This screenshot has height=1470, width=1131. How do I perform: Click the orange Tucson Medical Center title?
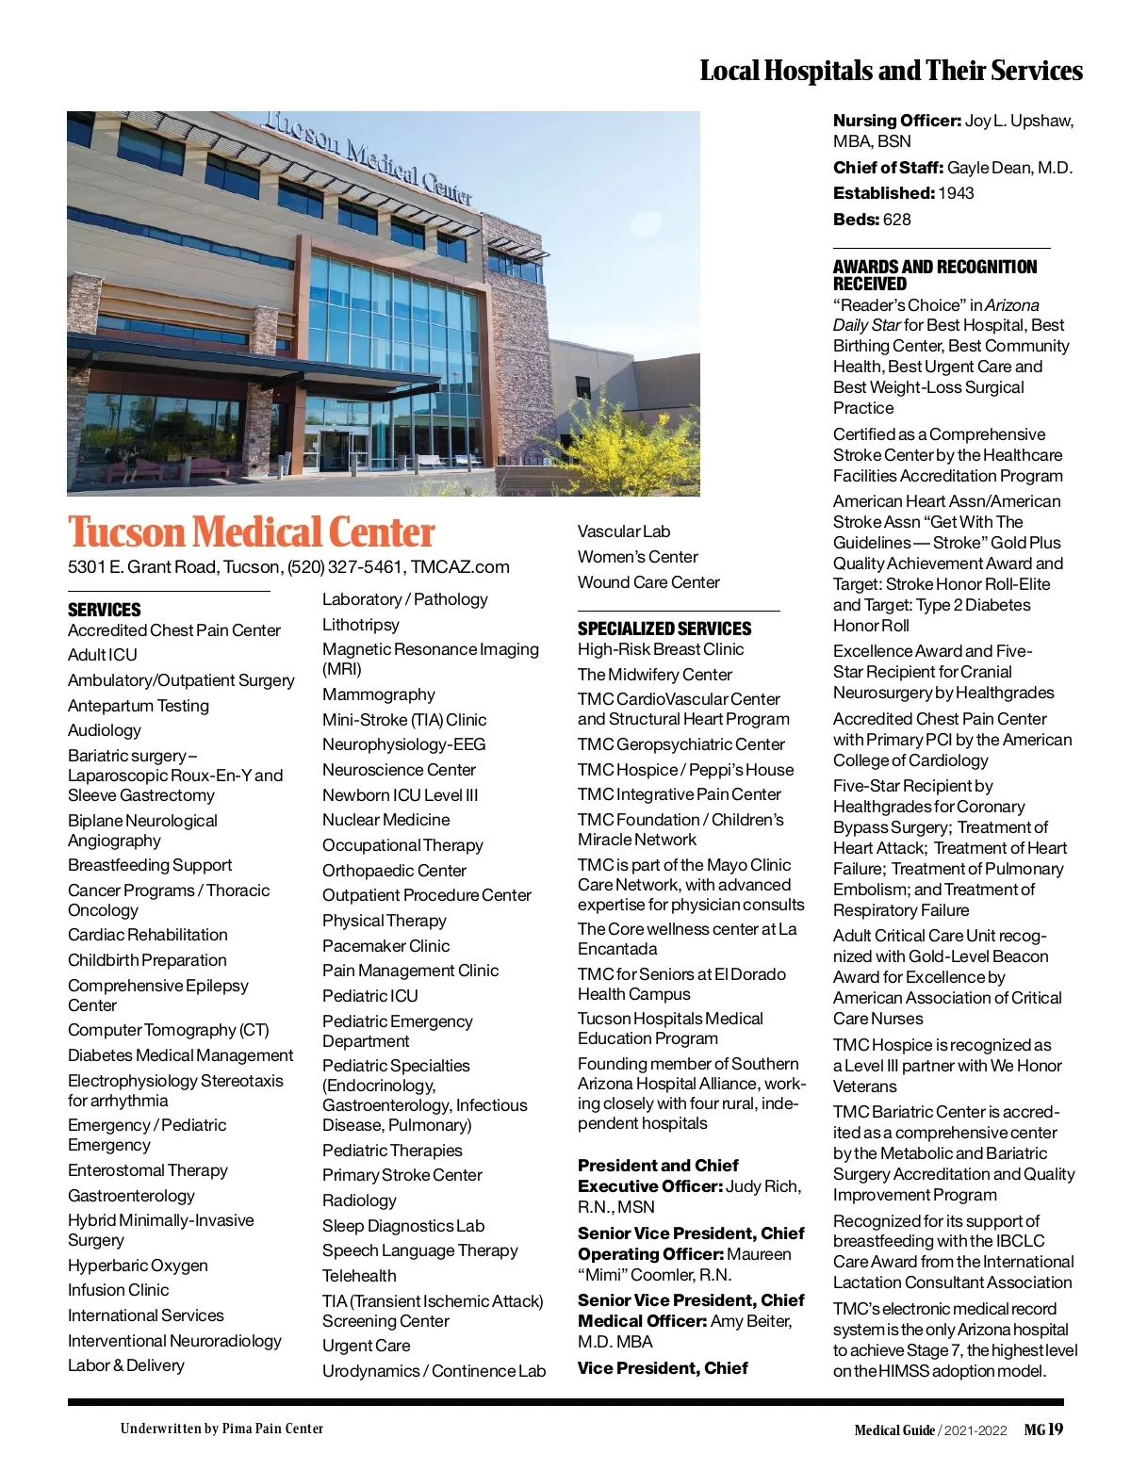pyautogui.click(x=251, y=532)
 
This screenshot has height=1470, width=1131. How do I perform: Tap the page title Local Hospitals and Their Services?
pyautogui.click(x=891, y=71)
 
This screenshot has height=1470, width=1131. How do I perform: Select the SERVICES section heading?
pyautogui.click(x=105, y=610)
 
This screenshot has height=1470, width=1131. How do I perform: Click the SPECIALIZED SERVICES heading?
pyautogui.click(x=664, y=629)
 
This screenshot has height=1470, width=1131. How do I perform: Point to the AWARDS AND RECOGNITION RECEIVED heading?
pyautogui.click(x=934, y=275)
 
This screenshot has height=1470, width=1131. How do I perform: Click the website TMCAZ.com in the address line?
pyautogui.click(x=460, y=567)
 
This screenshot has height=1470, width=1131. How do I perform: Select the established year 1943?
pyautogui.click(x=957, y=193)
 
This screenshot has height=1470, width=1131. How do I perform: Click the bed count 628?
pyautogui.click(x=897, y=220)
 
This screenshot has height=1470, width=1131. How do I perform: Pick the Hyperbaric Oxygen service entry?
pyautogui.click(x=138, y=1266)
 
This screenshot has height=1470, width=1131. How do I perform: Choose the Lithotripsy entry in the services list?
pyautogui.click(x=361, y=625)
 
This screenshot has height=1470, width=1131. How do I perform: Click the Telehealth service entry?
pyautogui.click(x=359, y=1276)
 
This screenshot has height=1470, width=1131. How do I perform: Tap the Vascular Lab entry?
pyautogui.click(x=624, y=531)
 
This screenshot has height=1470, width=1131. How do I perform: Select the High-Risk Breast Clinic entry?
pyautogui.click(x=661, y=649)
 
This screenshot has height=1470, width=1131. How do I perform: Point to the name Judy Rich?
pyautogui.click(x=763, y=1186)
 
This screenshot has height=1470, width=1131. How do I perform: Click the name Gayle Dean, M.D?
pyautogui.click(x=1009, y=168)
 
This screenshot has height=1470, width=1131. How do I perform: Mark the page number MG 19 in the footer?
pyautogui.click(x=1043, y=1429)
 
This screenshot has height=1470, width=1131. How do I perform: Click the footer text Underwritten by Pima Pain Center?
pyautogui.click(x=221, y=1429)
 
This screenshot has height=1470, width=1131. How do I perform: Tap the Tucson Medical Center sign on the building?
pyautogui.click(x=368, y=155)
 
